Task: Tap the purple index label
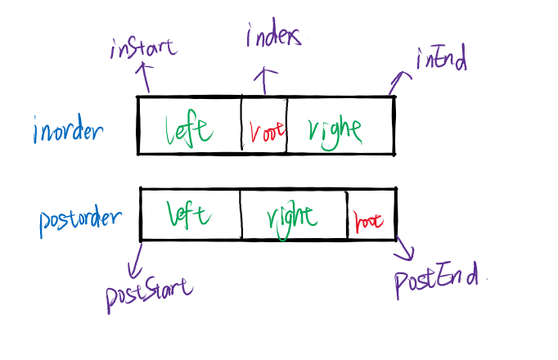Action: (274, 36)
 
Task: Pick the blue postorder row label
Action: (80, 220)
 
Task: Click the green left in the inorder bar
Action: (189, 128)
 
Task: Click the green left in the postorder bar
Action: (188, 214)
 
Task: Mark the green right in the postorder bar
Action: (292, 217)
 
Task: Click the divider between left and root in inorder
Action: (241, 124)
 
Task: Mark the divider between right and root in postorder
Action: (347, 214)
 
